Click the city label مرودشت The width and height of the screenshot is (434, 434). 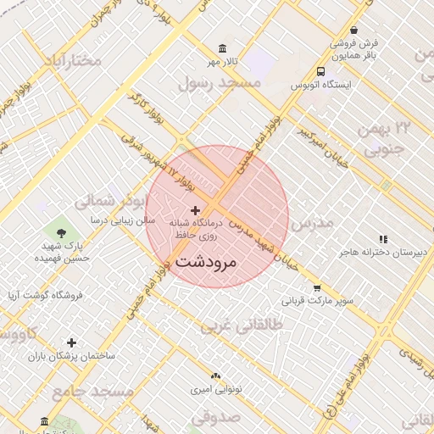pos(209,263)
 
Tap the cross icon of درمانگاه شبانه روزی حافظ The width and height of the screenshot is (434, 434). pos(196,209)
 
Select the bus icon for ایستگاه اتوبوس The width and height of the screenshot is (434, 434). pos(320,72)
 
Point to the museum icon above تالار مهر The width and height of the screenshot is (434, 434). pos(223,48)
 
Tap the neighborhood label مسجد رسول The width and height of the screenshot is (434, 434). pos(218,82)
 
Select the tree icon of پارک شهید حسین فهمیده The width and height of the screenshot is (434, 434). pos(60,231)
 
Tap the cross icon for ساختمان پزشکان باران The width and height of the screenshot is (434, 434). pos(71,342)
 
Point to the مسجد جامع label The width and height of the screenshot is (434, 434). pos(93,392)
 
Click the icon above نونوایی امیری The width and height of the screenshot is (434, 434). pos(214,374)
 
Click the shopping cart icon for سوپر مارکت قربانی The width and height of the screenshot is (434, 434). pos(317,287)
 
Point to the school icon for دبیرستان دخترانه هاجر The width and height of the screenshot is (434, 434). pos(383,239)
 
